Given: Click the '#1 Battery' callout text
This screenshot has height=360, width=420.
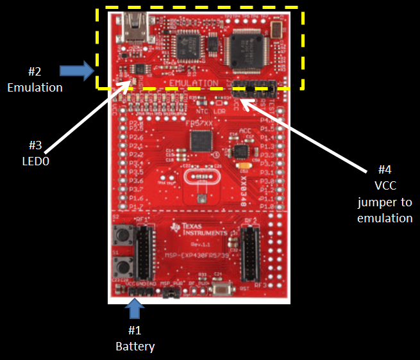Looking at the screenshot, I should pos(135,338).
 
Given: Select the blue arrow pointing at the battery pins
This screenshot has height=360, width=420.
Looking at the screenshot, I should pos(135,310).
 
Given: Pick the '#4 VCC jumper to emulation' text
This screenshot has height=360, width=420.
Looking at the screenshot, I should pos(384,194).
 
